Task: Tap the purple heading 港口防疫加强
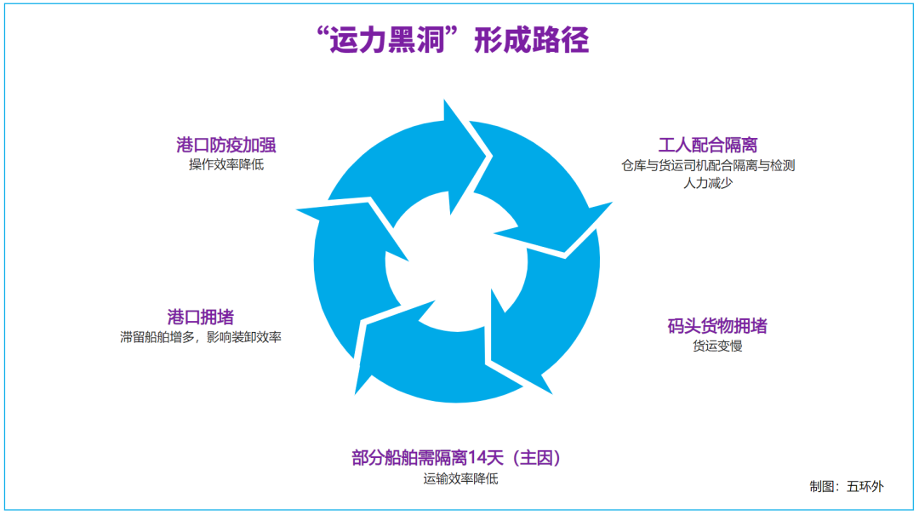pos(225,144)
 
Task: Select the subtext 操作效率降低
pos(226,164)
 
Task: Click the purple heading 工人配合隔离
pos(708,145)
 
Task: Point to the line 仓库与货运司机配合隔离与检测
pos(708,165)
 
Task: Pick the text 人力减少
pos(708,183)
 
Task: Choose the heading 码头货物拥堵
pos(717,326)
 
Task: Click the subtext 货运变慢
pos(717,346)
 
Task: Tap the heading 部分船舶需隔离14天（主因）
pos(460,458)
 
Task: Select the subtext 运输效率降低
pos(460,478)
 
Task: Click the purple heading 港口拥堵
pos(201,318)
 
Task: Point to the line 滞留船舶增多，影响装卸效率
pos(201,337)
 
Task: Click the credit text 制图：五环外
pos(846,487)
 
